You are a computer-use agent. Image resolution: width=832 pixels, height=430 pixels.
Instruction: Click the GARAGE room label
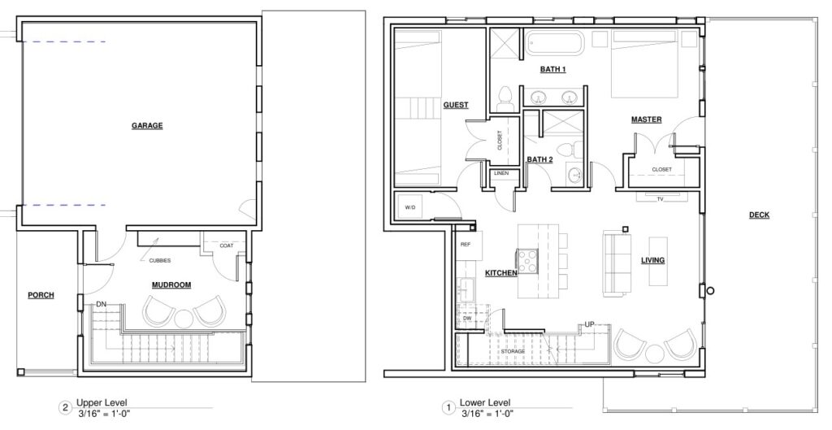[147, 126]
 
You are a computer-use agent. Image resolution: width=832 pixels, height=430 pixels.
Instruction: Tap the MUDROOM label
[171, 285]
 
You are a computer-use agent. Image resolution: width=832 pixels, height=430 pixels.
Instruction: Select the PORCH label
[41, 295]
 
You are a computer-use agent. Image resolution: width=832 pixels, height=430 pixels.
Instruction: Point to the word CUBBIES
[160, 261]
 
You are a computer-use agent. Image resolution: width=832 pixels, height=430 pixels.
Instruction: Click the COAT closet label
[227, 245]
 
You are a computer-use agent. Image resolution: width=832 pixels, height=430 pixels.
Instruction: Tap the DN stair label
[102, 305]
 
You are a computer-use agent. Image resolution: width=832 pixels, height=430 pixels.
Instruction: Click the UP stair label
[589, 324]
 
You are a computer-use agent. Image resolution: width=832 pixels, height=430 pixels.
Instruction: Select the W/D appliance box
[410, 207]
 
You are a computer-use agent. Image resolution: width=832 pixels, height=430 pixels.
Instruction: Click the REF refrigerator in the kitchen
[469, 245]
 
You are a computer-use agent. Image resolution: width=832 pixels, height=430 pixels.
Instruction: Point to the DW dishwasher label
[467, 319]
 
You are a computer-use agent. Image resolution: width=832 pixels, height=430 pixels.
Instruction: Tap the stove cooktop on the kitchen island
[528, 261]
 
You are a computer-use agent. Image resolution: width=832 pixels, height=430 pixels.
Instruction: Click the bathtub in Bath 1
[554, 43]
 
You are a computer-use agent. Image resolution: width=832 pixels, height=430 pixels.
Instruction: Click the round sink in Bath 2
[574, 174]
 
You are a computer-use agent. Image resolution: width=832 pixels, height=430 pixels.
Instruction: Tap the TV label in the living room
[660, 199]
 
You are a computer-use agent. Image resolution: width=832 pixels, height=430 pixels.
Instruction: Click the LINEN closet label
[501, 174]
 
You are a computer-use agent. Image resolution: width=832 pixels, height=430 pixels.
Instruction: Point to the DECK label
[759, 215]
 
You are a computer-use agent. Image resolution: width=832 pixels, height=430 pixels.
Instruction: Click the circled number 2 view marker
[65, 408]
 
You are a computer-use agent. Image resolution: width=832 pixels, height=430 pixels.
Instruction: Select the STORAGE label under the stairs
[513, 351]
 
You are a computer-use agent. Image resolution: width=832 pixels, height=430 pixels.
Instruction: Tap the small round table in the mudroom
[184, 318]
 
